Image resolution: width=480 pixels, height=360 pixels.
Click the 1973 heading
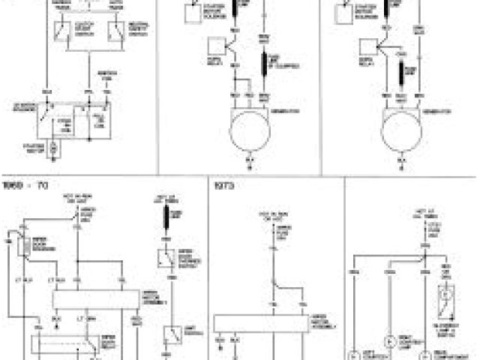pyautogui.click(x=223, y=184)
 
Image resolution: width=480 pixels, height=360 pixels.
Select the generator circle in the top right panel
pyautogui.click(x=402, y=132)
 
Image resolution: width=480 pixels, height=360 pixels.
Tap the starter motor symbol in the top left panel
pyautogui.click(x=53, y=148)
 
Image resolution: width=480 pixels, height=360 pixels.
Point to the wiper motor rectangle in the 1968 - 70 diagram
pyautogui.click(x=97, y=299)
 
